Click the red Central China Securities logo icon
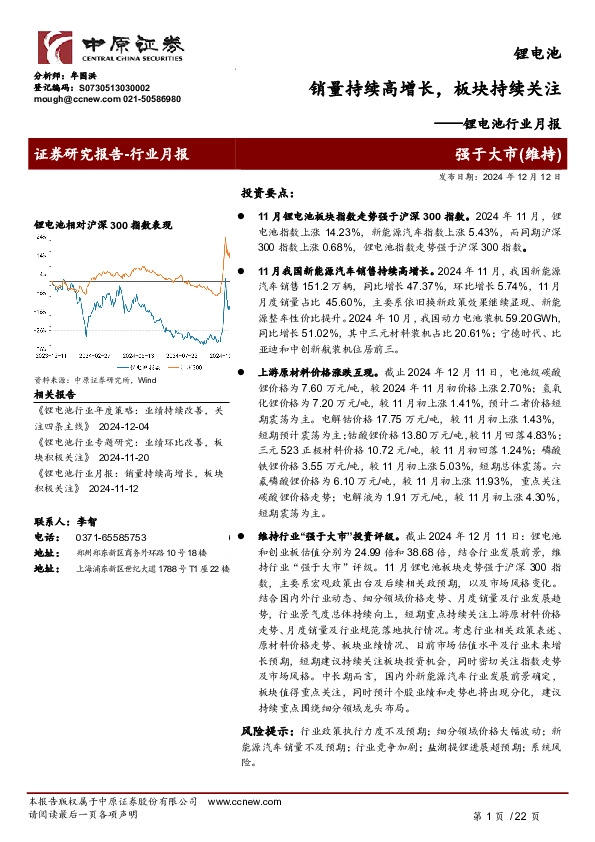(x=54, y=45)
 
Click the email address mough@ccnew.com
(x=63, y=100)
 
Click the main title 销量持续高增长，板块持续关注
(x=433, y=88)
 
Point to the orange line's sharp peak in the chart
(x=225, y=239)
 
